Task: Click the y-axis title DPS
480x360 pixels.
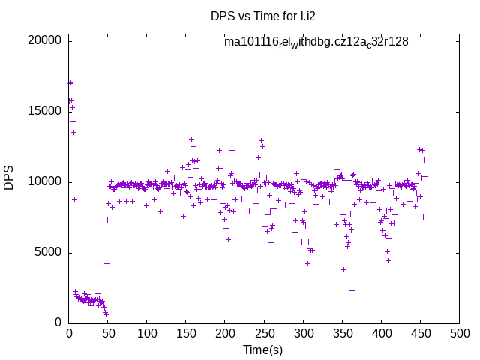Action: (x=9, y=178)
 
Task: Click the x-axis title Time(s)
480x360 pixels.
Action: (x=263, y=349)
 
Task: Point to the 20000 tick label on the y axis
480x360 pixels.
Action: (x=43, y=40)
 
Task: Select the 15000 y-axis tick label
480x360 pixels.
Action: (x=43, y=111)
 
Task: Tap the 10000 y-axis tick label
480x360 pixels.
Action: (x=43, y=181)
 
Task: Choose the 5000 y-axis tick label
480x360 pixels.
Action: (x=46, y=252)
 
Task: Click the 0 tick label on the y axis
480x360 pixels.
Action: (x=58, y=322)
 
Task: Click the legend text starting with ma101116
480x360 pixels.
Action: (x=316, y=43)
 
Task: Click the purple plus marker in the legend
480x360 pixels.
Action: (x=430, y=43)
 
